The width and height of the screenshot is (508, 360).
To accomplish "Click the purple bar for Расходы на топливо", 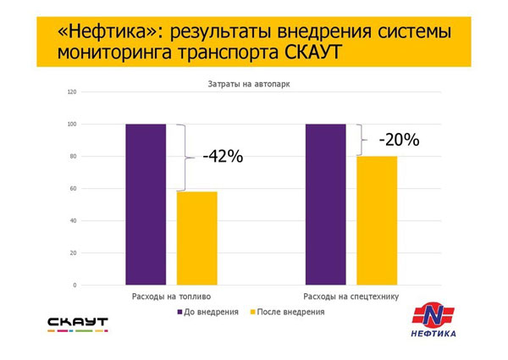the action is [146, 204].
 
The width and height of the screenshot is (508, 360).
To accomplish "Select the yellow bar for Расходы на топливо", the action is [197, 238].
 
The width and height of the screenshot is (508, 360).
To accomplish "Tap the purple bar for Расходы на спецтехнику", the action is [326, 204].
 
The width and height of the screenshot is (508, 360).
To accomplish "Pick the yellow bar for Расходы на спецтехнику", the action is [377, 221].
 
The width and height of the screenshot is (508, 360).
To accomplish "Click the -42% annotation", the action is [223, 156].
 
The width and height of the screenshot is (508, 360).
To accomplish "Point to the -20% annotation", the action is [399, 140].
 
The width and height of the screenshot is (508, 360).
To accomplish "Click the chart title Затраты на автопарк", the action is [249, 84].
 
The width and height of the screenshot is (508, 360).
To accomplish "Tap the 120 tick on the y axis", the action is [72, 92].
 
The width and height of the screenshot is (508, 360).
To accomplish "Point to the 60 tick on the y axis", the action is [73, 189].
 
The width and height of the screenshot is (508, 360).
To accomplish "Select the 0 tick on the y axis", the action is [75, 285].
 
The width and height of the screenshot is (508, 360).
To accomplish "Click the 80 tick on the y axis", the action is [73, 156].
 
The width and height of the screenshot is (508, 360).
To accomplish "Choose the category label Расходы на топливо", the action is [171, 296].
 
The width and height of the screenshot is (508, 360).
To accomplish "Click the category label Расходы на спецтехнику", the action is [351, 296].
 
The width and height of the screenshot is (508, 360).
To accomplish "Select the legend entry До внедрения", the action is [208, 312].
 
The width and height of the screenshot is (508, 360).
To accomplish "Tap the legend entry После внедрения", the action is [288, 312].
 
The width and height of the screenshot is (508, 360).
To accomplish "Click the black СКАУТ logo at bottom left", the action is [78, 324].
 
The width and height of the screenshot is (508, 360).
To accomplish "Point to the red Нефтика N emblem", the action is [433, 314].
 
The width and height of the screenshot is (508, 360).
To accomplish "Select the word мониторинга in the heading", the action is [114, 53].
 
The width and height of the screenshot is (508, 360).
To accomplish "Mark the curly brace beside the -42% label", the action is [185, 158].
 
